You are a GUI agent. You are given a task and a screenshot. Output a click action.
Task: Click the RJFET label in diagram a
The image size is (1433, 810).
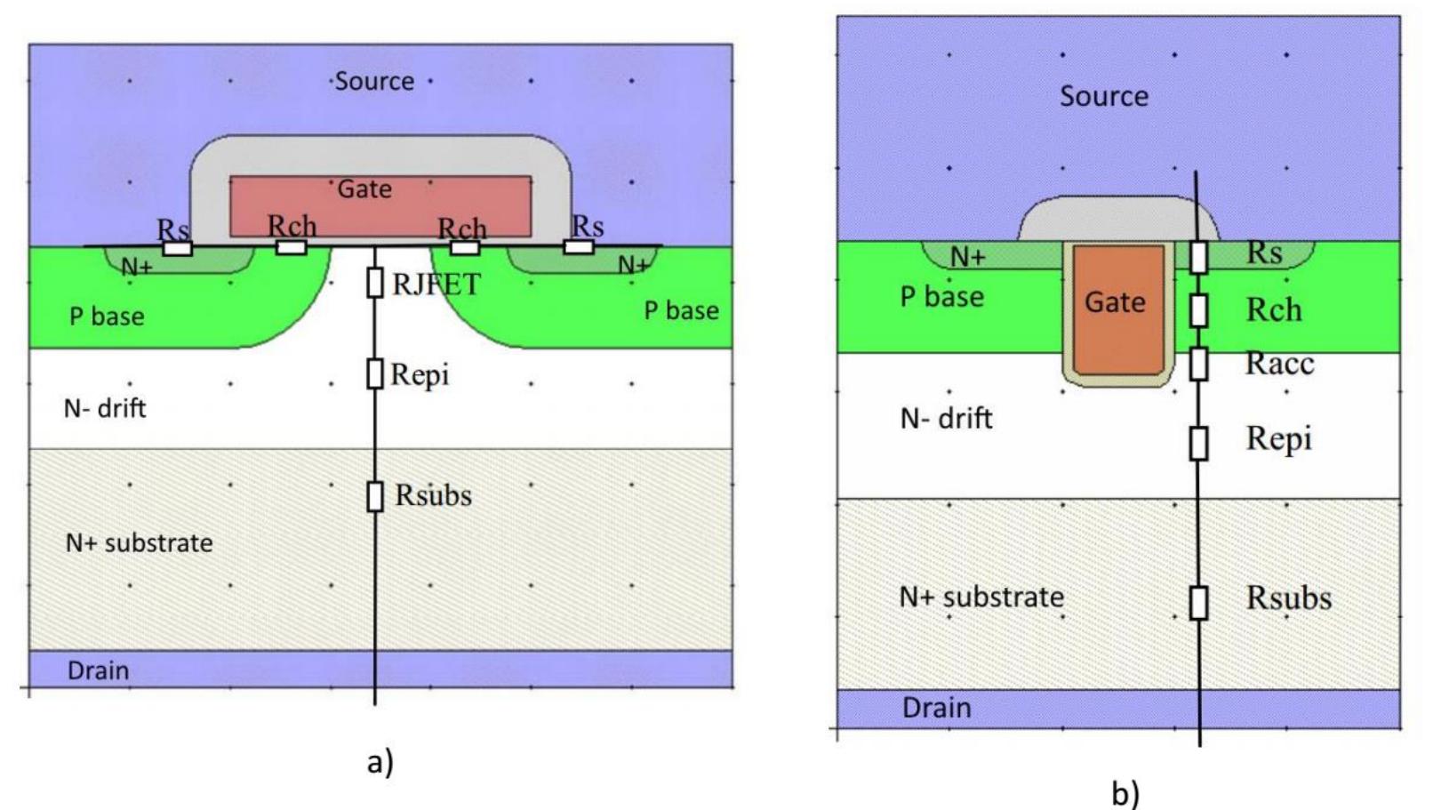coord(436,285)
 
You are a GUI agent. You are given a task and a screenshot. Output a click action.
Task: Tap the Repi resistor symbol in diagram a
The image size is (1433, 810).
coord(375,373)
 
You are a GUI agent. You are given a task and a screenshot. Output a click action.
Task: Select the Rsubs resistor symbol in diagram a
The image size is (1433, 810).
coord(375,496)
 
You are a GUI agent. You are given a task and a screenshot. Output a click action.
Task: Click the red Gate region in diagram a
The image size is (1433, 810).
coord(380,205)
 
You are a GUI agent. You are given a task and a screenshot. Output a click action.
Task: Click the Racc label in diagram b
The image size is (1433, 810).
coord(1279,363)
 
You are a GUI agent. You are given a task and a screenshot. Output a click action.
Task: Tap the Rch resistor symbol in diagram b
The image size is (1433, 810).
coord(1198,310)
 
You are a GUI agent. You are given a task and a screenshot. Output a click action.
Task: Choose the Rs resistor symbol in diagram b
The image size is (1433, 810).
coord(1198,257)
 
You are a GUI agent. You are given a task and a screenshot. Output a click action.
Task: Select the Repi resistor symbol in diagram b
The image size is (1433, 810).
coord(1198,442)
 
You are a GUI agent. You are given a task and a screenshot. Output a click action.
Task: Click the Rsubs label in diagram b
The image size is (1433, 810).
coord(1288,597)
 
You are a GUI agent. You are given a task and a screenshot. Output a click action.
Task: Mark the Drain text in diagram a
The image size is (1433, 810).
coord(98,670)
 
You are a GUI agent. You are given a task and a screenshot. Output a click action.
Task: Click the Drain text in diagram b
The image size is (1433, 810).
coord(936,708)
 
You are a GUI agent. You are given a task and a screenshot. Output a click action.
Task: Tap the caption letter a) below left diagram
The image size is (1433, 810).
coord(380,762)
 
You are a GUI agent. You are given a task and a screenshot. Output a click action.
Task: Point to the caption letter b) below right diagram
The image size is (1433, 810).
coord(1125,792)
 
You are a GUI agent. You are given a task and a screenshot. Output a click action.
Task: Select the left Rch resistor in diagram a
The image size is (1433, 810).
coord(292,247)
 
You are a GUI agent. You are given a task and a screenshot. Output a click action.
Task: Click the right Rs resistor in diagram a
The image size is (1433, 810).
coord(579,246)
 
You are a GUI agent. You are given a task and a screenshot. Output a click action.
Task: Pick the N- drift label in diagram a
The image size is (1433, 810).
coord(105,408)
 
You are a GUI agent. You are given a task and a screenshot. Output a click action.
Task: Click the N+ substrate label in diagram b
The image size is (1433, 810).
coord(981,597)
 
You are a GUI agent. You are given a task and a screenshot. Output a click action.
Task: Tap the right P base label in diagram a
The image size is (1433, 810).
coord(681,310)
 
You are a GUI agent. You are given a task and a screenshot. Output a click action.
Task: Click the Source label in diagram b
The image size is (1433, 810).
coord(1103,96)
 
